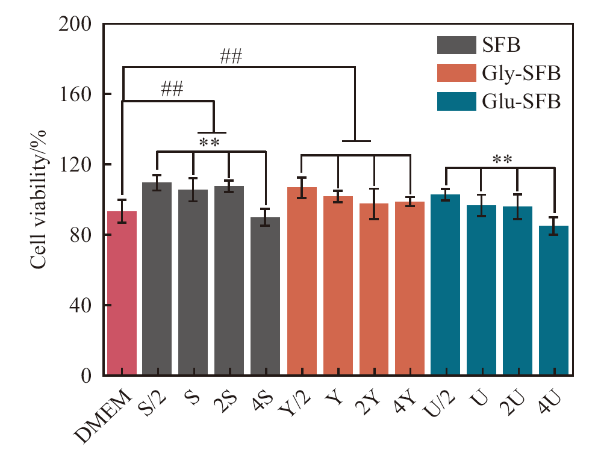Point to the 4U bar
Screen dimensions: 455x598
point(553,300)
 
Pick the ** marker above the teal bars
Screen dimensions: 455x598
point(502,160)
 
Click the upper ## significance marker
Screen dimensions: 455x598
point(231,58)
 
